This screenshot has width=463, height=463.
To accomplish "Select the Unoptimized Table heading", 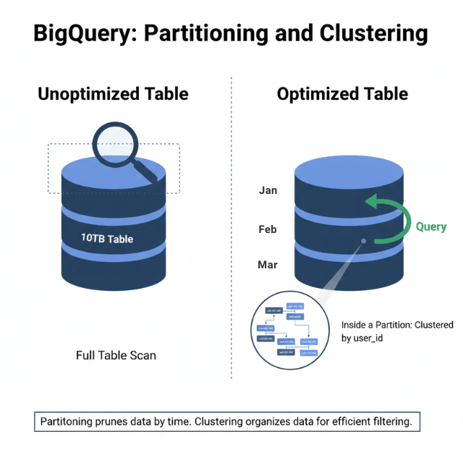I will (113, 94).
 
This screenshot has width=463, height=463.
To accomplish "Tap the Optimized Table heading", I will (342, 94).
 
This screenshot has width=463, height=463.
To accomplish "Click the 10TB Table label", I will (107, 238).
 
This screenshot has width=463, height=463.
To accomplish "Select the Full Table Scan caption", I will (116, 355).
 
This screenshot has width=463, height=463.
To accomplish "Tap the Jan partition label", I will (268, 191).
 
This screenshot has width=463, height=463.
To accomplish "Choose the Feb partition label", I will (268, 229).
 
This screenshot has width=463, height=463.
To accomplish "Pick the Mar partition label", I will (268, 265).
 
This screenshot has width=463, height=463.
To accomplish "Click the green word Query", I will (430, 226).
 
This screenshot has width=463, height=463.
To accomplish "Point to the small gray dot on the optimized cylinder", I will (364, 241).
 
